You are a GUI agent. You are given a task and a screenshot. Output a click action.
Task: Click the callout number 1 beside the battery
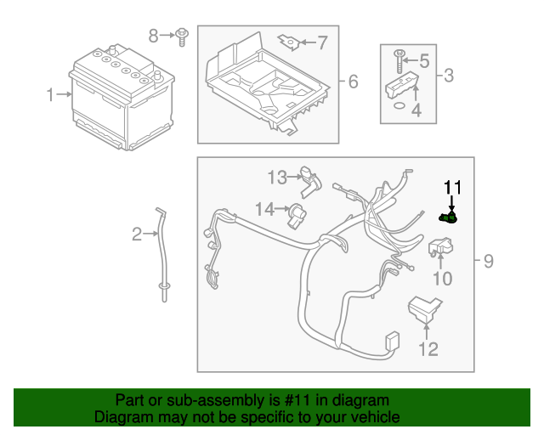click(x=51, y=94)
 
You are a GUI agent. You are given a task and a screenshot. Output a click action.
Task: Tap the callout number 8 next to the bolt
click(x=154, y=36)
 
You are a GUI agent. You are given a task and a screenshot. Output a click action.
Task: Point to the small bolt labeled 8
click(x=182, y=36)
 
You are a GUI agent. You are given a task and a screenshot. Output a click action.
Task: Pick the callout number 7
click(x=321, y=41)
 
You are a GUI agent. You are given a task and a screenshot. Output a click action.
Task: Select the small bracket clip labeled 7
click(x=291, y=40)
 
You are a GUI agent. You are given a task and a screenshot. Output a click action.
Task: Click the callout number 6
click(x=353, y=82)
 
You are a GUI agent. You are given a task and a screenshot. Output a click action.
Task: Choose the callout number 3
click(x=449, y=76)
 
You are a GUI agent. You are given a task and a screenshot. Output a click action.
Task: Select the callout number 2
click(x=137, y=234)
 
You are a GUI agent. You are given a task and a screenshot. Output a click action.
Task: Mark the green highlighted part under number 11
click(x=449, y=218)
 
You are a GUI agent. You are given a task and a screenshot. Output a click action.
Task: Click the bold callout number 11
click(x=451, y=187)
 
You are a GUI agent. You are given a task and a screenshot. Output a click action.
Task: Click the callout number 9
click(x=488, y=262)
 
